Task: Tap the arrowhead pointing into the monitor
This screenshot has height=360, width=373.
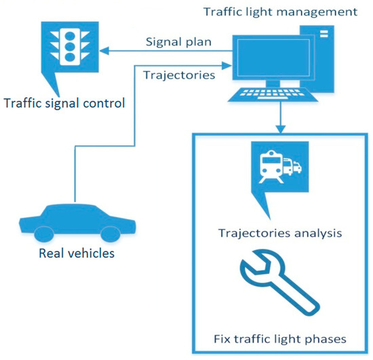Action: (x=232, y=64)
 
